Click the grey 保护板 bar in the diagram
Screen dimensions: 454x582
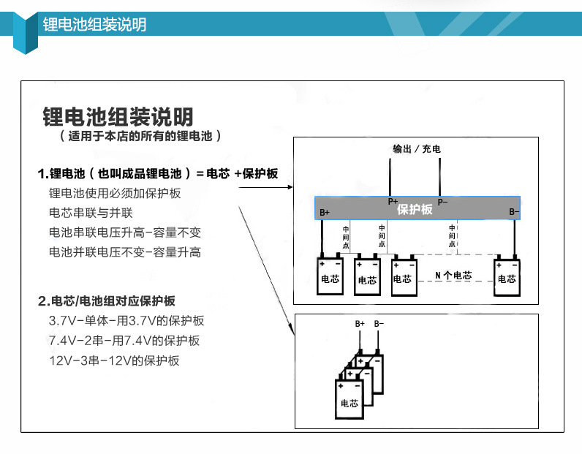click(417, 209)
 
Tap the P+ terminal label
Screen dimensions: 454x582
click(393, 202)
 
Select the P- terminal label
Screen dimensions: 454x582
click(442, 202)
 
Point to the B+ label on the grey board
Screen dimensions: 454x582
click(325, 213)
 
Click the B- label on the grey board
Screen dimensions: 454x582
click(514, 213)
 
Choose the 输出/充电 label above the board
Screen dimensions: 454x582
click(417, 149)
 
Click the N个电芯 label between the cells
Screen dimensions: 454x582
click(453, 276)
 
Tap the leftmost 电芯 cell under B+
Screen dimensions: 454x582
click(330, 276)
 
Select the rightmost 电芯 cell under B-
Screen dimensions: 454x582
click(507, 276)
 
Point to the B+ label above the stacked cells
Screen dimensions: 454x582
click(360, 323)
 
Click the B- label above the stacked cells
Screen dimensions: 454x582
click(379, 323)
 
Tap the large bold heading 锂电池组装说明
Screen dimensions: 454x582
click(118, 117)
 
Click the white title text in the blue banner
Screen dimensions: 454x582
click(94, 24)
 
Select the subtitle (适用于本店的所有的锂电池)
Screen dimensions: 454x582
click(140, 136)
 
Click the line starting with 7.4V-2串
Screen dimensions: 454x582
click(124, 341)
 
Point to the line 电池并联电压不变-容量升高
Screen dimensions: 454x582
click(124, 252)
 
